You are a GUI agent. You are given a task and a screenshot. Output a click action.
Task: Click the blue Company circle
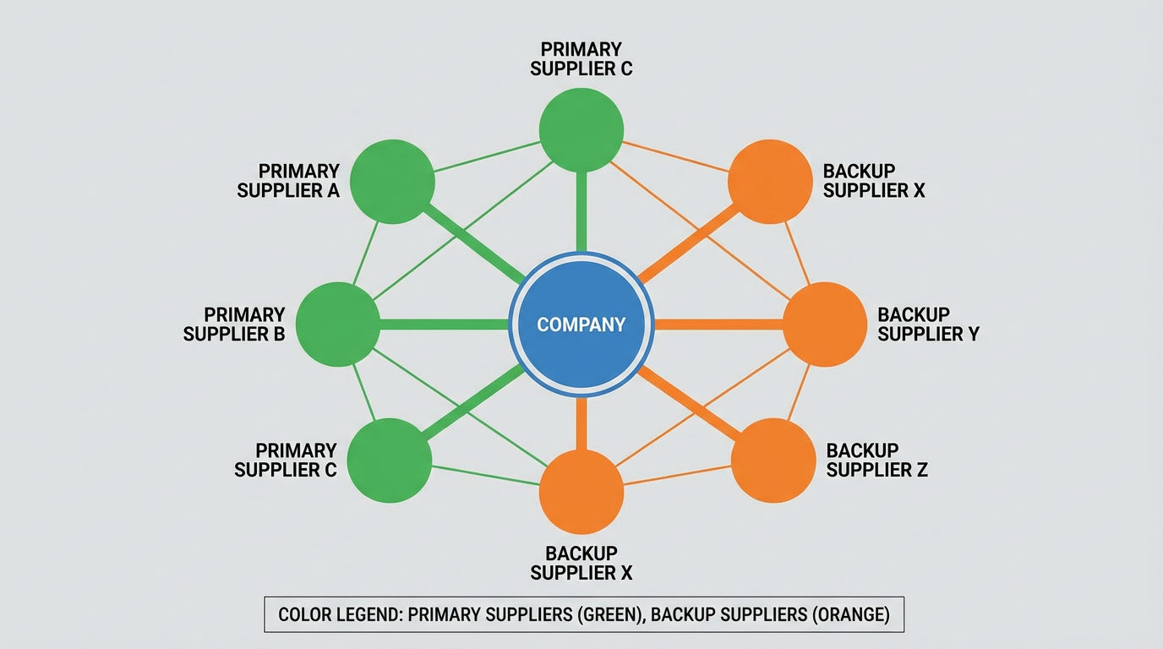581,324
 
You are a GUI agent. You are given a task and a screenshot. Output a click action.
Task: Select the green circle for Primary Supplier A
392,182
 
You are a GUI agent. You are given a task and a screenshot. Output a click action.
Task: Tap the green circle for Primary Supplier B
338,324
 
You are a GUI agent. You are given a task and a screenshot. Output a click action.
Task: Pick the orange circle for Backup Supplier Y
825,324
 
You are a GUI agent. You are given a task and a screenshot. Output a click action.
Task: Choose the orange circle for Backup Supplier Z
773,461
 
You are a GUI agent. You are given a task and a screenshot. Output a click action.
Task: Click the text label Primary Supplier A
288,181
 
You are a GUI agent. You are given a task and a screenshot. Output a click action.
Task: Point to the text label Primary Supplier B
234,324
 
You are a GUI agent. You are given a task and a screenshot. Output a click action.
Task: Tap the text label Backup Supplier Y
928,324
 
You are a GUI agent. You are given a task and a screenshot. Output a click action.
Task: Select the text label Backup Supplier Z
876,460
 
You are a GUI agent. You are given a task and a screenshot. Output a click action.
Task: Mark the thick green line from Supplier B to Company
444,324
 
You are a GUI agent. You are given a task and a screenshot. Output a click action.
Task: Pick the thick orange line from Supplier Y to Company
718,324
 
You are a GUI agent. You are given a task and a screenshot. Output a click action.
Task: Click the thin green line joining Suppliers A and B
365,253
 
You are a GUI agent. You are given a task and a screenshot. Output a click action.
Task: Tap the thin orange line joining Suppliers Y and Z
799,392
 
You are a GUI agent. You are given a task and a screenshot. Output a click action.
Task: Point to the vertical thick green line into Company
581,211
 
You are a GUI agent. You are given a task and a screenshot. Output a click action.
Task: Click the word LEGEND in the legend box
363,614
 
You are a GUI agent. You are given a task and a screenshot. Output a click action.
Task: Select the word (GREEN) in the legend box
608,614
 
